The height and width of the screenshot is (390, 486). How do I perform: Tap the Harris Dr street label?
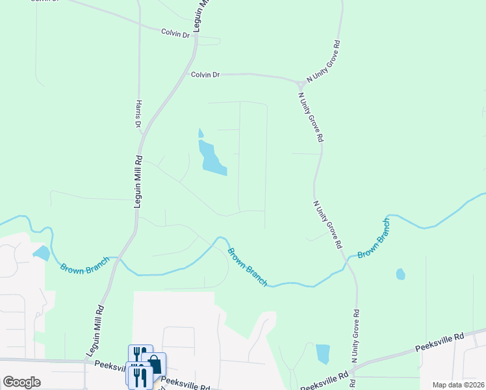pyautogui.click(x=138, y=113)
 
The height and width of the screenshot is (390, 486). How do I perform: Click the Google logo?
pyautogui.click(x=21, y=382)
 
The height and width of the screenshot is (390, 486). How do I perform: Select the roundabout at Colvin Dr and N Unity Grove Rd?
pyautogui.click(x=301, y=84)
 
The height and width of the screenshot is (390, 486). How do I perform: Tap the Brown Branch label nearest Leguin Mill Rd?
pyautogui.click(x=81, y=267)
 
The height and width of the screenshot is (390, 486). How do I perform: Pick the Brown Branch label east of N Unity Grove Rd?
pyautogui.click(x=374, y=238)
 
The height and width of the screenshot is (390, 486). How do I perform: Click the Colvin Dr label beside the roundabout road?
pyautogui.click(x=205, y=75)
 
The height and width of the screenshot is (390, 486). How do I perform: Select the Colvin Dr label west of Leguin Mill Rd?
pyautogui.click(x=175, y=31)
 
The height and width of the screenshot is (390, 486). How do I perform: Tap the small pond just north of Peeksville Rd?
pyautogui.click(x=322, y=354)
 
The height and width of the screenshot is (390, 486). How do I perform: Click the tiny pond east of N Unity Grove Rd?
pyautogui.click(x=400, y=274)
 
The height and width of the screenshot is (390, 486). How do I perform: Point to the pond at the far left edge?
pyautogui.click(x=40, y=253)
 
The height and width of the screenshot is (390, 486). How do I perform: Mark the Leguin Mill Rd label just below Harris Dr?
pyautogui.click(x=138, y=181)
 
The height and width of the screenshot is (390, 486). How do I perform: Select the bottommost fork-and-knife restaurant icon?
pyautogui.click(x=140, y=377)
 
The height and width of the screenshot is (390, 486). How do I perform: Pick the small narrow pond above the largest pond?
pyautogui.click(x=201, y=133)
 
